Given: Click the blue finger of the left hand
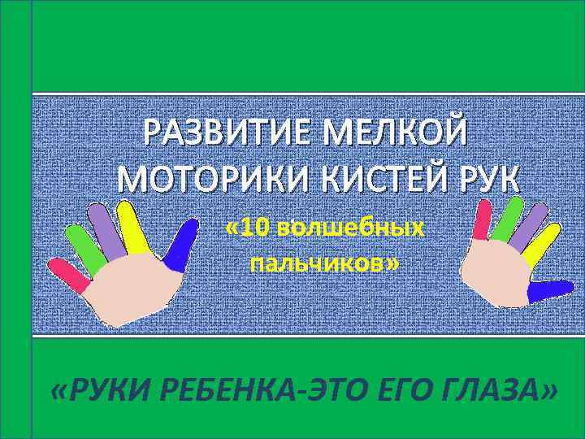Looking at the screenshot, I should [182, 242].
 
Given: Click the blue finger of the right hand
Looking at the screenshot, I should [550, 287].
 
